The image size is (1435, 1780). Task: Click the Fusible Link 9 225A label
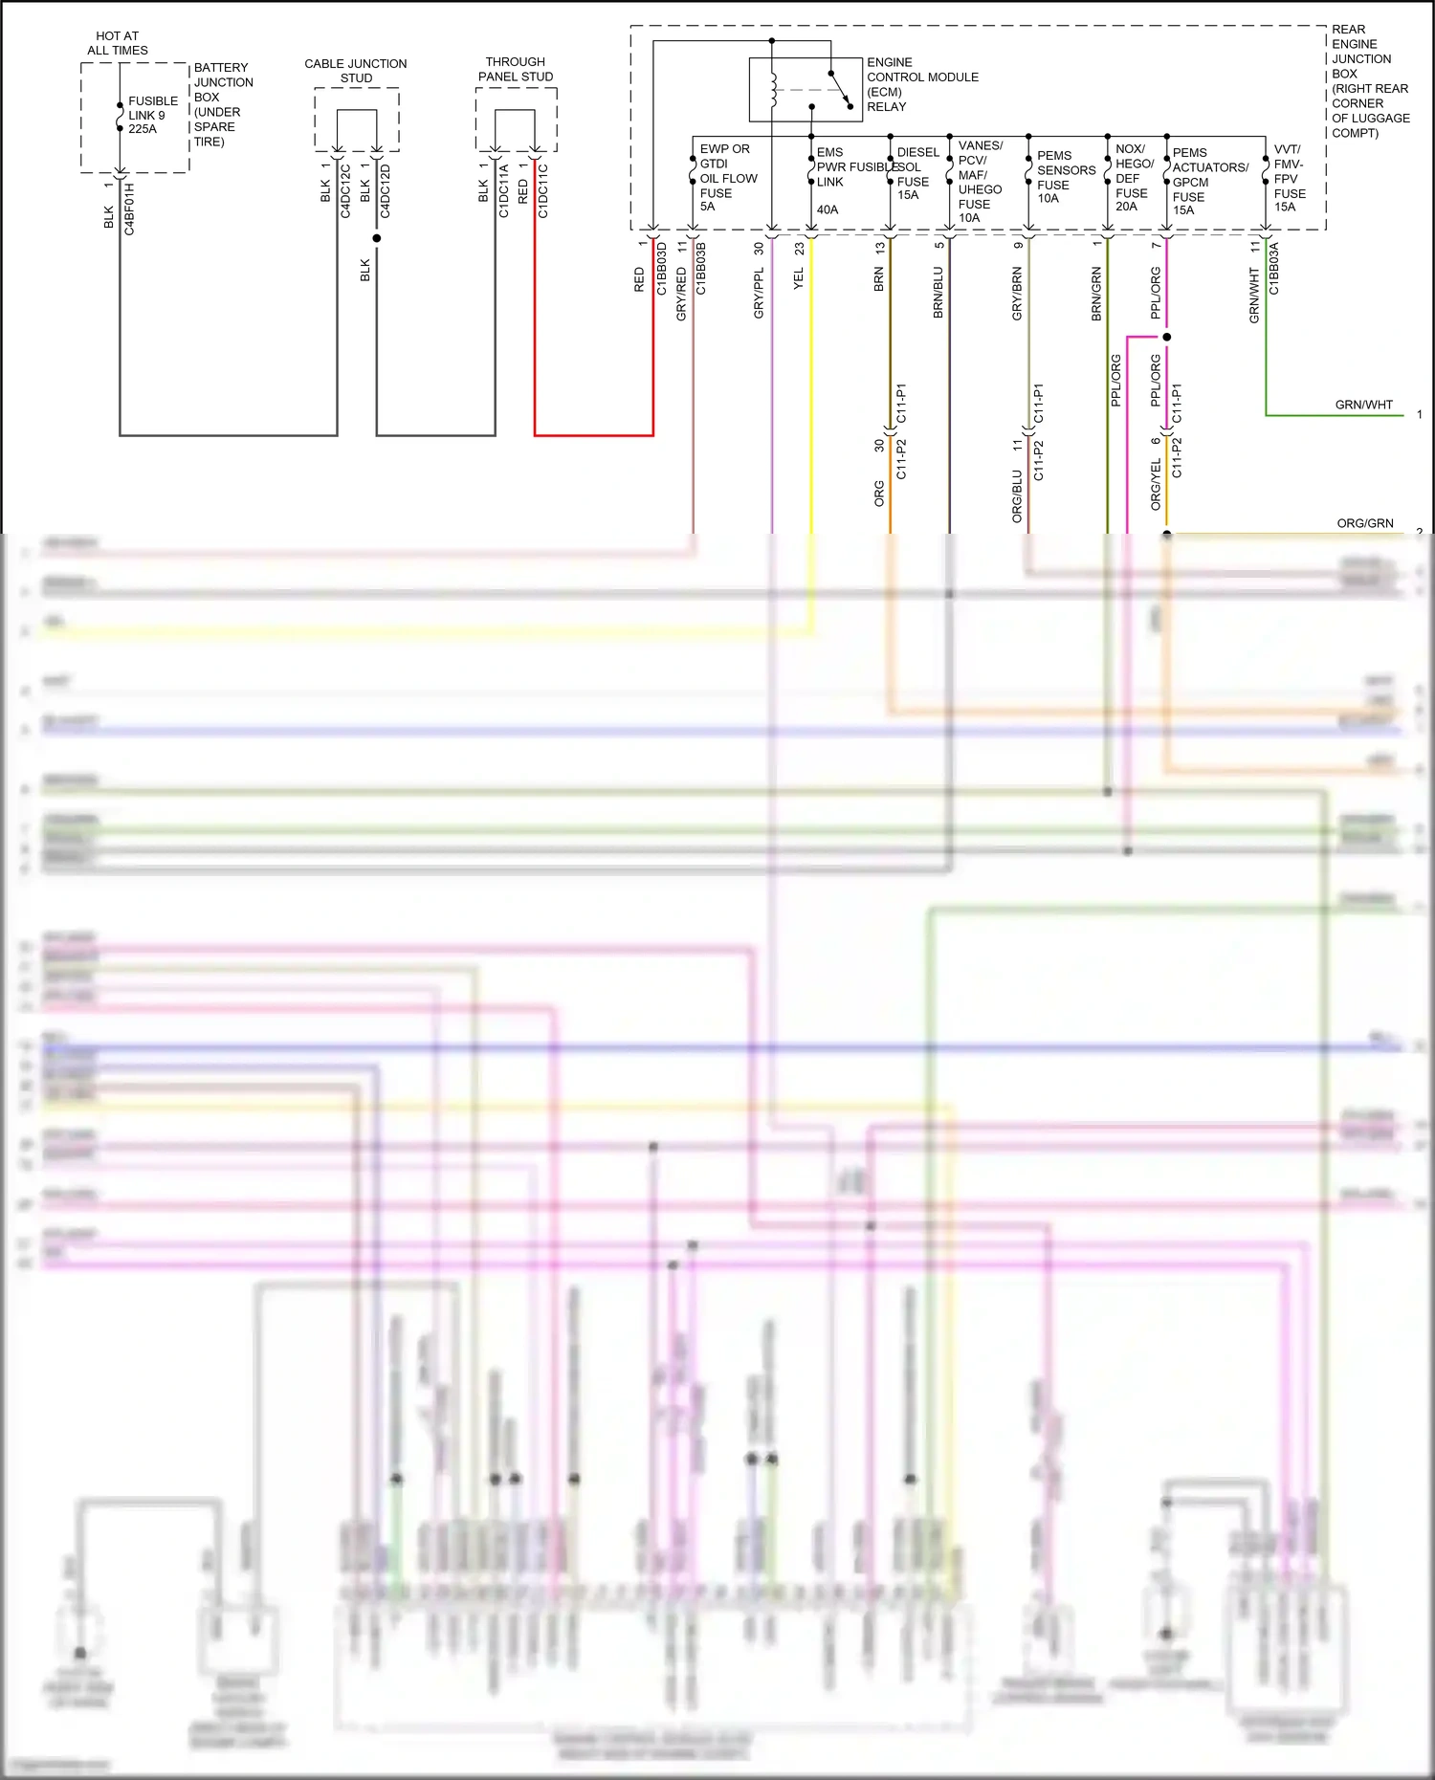tap(152, 115)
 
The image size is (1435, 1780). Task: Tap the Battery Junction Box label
tap(223, 104)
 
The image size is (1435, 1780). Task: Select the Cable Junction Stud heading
tap(356, 71)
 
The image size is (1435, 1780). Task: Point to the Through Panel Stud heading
tap(516, 69)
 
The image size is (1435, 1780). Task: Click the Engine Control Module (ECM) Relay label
tap(921, 84)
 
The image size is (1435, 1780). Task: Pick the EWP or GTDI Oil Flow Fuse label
tap(727, 177)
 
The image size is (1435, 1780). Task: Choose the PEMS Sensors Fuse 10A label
tap(1065, 177)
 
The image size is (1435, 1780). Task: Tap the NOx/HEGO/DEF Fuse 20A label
tap(1134, 177)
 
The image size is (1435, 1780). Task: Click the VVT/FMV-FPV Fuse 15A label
tap(1289, 178)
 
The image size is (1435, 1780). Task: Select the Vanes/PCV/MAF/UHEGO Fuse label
tap(980, 182)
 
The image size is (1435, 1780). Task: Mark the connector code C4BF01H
tap(129, 209)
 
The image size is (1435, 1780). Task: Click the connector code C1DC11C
tap(542, 191)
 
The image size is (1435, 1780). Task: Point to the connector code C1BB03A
tap(1273, 268)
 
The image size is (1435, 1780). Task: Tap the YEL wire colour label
tap(799, 279)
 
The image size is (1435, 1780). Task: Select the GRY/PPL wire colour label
tap(759, 293)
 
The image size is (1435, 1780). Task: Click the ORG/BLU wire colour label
tap(1017, 495)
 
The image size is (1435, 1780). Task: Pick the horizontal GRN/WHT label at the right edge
tap(1363, 405)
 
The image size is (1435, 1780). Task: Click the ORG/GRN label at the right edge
tap(1364, 523)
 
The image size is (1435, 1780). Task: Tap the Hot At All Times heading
tap(118, 43)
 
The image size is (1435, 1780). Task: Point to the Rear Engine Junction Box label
tap(1369, 81)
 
